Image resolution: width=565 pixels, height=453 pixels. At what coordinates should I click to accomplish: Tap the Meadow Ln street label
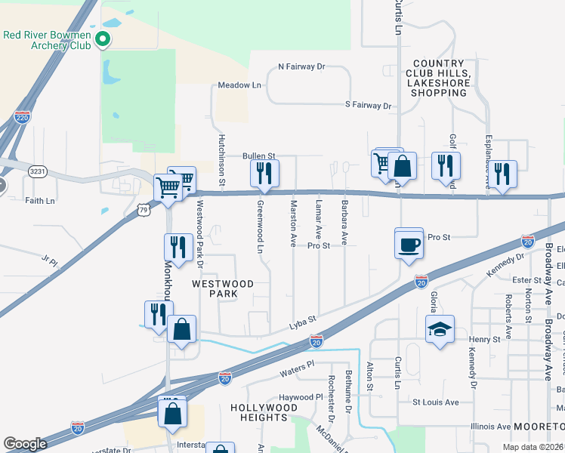pyautogui.click(x=239, y=85)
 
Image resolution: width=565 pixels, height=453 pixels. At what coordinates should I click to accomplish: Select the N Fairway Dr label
pyautogui.click(x=301, y=67)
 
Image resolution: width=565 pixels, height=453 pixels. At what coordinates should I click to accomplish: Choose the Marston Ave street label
pyautogui.click(x=293, y=223)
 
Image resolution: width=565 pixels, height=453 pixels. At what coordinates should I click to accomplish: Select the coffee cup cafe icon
pyautogui.click(x=409, y=245)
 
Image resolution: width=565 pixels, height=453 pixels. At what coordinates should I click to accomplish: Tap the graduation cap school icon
pyautogui.click(x=440, y=329)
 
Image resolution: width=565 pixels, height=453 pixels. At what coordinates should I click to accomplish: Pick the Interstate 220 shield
pyautogui.click(x=23, y=117)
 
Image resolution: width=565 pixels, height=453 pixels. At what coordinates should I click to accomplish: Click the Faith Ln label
pyautogui.click(x=40, y=201)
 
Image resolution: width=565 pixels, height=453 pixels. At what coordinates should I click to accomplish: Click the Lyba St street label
pyautogui.click(x=302, y=325)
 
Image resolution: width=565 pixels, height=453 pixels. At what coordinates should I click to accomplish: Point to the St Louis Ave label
pyautogui.click(x=435, y=402)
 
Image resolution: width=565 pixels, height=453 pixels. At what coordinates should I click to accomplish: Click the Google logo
pyautogui.click(x=26, y=444)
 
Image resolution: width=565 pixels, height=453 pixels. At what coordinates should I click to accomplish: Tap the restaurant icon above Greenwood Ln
pyautogui.click(x=264, y=173)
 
